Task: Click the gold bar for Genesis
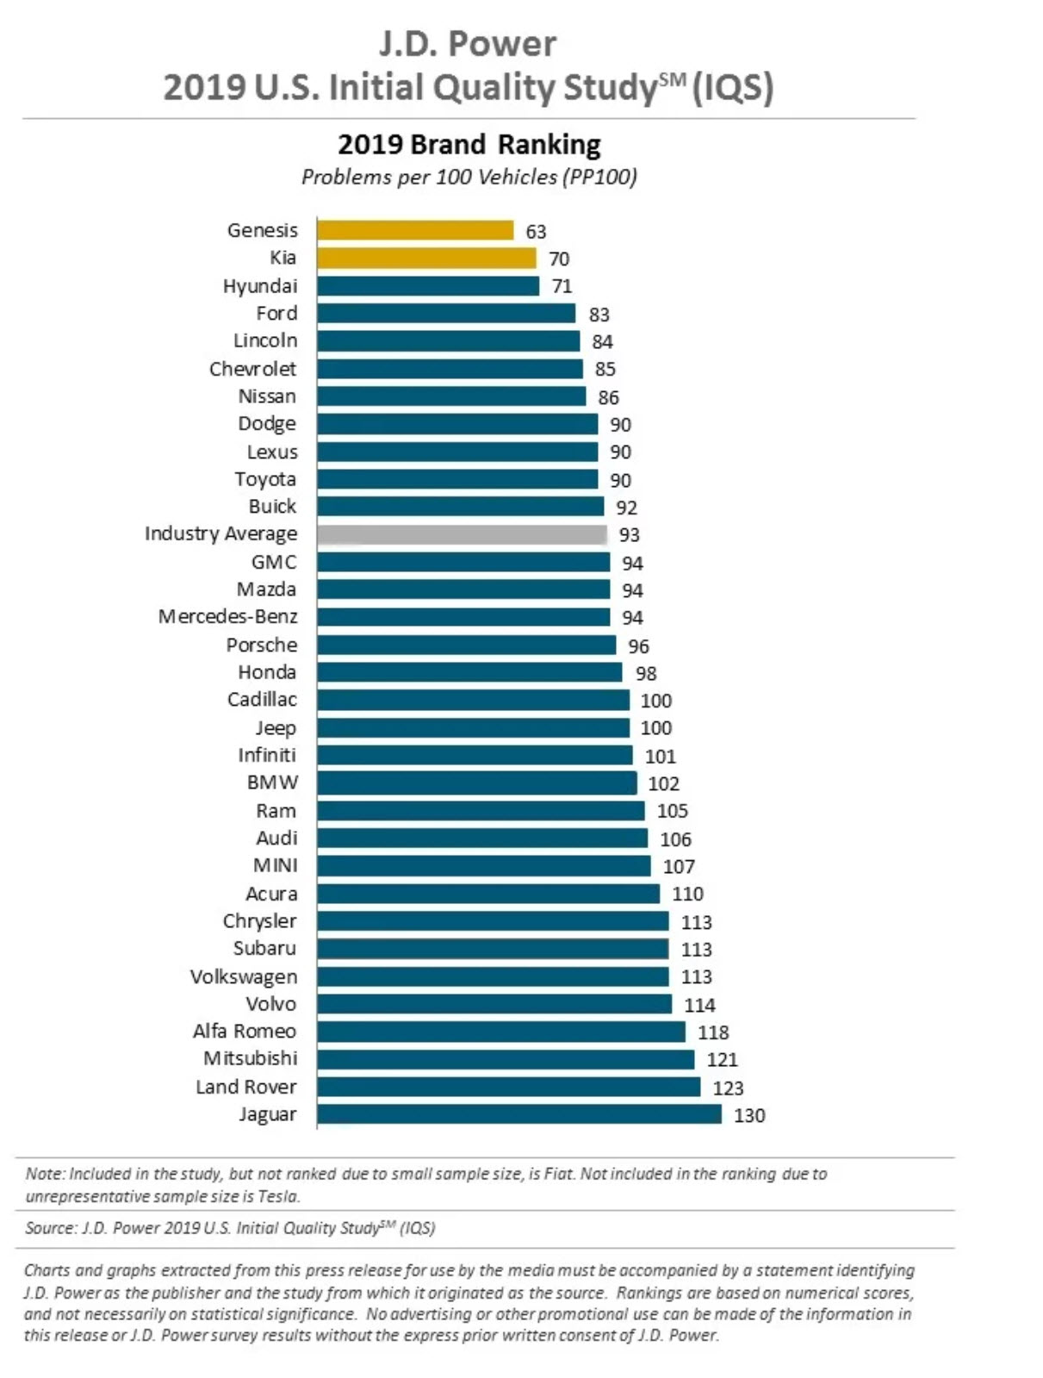pyautogui.click(x=415, y=230)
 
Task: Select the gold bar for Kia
pyautogui.click(x=426, y=258)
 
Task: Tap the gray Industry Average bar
pyautogui.click(x=462, y=534)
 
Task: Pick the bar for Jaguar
pyautogui.click(x=519, y=1114)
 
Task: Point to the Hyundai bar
pyautogui.click(x=428, y=286)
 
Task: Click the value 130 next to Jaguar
pyautogui.click(x=749, y=1115)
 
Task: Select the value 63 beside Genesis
pyautogui.click(x=536, y=232)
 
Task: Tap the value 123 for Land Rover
pyautogui.click(x=728, y=1088)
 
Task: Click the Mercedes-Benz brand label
pyautogui.click(x=227, y=617)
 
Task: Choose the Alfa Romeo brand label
pyautogui.click(x=245, y=1032)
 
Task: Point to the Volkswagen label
pyautogui.click(x=244, y=976)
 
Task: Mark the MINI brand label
pyautogui.click(x=276, y=865)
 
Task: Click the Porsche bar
pyautogui.click(x=466, y=645)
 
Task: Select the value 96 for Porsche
pyautogui.click(x=638, y=646)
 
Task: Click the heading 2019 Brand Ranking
pyautogui.click(x=469, y=144)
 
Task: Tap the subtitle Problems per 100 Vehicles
pyautogui.click(x=469, y=178)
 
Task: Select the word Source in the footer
pyautogui.click(x=50, y=1228)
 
